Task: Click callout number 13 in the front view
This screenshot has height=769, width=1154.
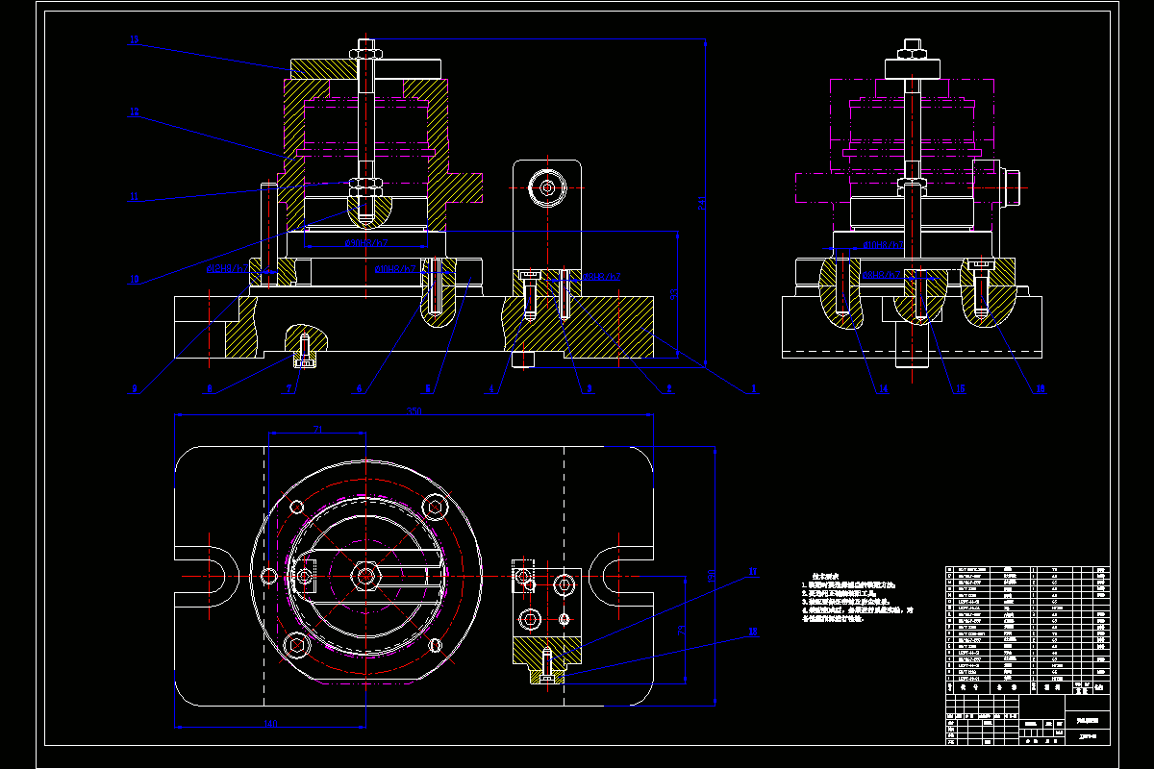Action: coord(134,40)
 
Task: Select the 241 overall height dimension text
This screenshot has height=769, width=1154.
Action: coord(702,204)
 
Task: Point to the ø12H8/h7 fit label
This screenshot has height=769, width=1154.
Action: coord(224,269)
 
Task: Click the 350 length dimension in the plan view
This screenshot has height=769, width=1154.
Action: coord(414,412)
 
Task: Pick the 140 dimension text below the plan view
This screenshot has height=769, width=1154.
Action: coord(269,723)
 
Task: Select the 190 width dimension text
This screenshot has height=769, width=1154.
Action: coord(713,577)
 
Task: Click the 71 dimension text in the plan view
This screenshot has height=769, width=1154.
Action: coord(317,429)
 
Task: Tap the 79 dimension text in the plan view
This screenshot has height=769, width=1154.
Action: coord(681,630)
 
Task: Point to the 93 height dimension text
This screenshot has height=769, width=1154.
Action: coord(674,296)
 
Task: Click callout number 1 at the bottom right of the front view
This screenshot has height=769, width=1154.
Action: coord(754,388)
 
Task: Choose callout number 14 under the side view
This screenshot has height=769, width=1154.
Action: coord(882,388)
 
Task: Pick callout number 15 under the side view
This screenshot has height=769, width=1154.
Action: coord(960,388)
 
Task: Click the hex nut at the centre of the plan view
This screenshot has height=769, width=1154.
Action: coord(365,576)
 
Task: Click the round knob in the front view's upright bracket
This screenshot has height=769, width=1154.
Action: coord(546,187)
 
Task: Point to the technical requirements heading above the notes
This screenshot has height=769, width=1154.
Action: coord(828,575)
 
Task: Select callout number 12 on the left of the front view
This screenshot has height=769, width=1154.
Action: coord(134,112)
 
